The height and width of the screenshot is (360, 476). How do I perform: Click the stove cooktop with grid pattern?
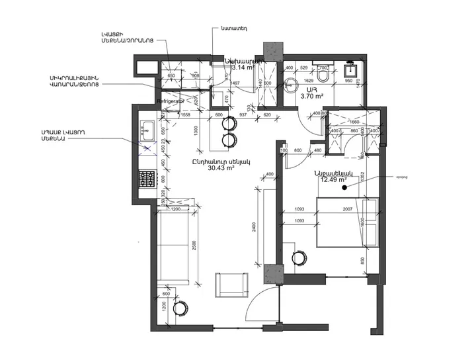pyautogui.click(x=145, y=179)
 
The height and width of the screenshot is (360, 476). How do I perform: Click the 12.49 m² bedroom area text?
pyautogui.click(x=335, y=179)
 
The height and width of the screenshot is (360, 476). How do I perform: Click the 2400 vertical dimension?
pyautogui.click(x=254, y=228)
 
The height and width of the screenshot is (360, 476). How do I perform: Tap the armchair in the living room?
pyautogui.click(x=230, y=285)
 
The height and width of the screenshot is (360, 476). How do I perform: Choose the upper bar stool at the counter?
pyautogui.click(x=229, y=123)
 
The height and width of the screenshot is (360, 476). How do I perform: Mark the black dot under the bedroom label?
pyautogui.click(x=344, y=188)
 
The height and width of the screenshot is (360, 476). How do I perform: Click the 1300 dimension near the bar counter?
pyautogui.click(x=196, y=130)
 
